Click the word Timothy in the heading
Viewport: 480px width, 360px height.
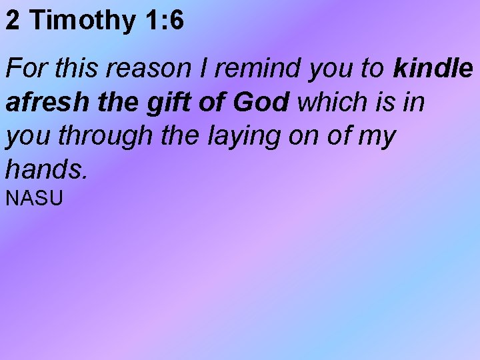(x=83, y=21)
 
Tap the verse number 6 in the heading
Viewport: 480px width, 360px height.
(x=176, y=21)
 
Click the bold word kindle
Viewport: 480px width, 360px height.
(x=433, y=69)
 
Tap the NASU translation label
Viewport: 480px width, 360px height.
(x=34, y=198)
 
